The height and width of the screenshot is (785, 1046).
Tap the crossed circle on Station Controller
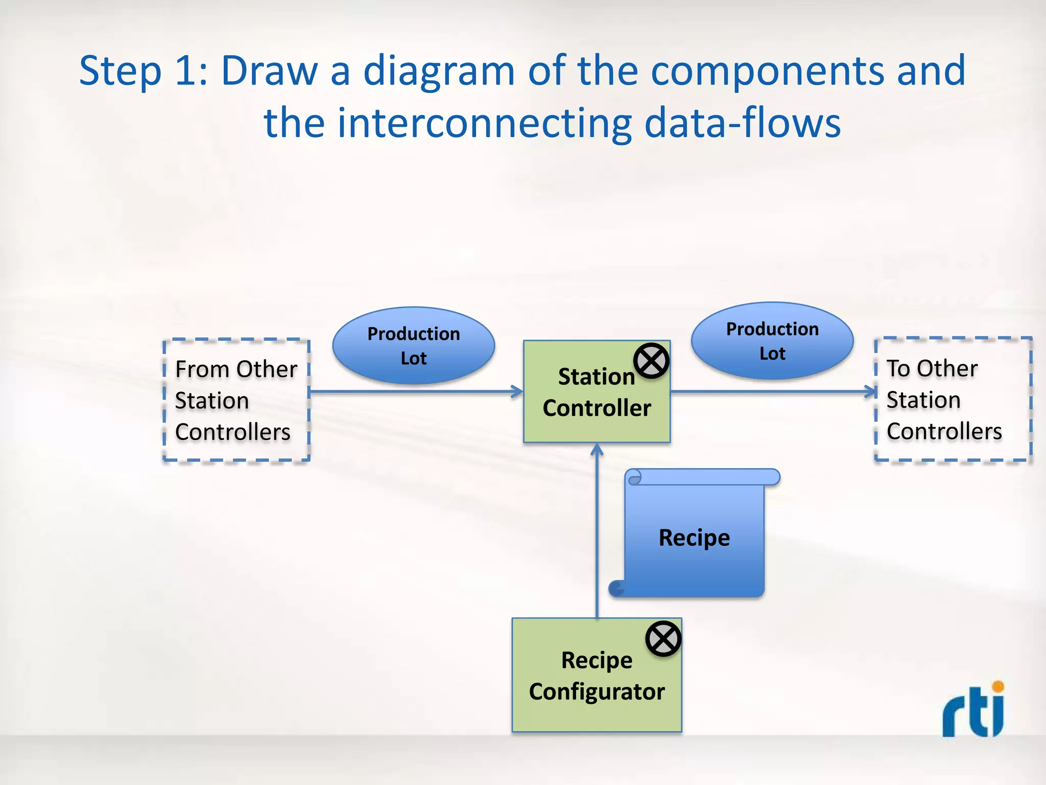point(651,361)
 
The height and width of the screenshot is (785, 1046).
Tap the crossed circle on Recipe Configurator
point(663,639)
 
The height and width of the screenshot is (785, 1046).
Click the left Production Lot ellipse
point(413,345)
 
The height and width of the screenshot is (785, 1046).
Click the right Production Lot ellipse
point(772,341)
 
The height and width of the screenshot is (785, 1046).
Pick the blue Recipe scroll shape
point(695,537)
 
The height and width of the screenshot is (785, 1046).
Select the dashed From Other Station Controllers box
point(236,400)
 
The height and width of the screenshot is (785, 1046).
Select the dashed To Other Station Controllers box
point(953,399)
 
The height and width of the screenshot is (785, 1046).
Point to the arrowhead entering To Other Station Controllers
point(871,392)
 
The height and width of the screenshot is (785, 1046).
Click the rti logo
point(973,711)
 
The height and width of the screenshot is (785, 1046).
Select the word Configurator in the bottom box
point(597,692)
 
